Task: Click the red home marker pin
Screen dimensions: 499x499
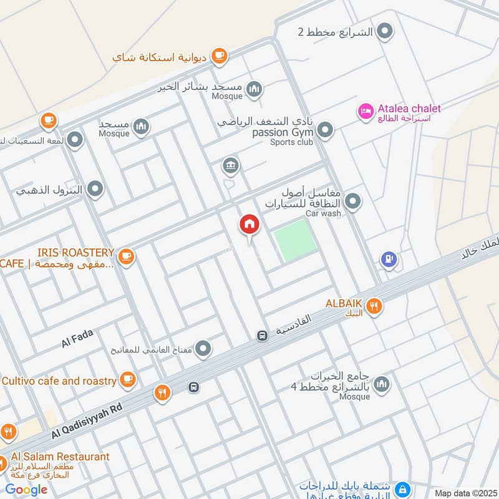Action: [249, 225]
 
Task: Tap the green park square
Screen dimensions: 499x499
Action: [296, 240]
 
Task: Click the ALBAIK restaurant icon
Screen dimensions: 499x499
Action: [374, 306]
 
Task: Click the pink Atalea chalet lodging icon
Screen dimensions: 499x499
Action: [365, 112]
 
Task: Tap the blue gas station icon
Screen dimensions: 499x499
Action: [389, 259]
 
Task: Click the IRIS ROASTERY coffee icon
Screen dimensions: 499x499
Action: [126, 256]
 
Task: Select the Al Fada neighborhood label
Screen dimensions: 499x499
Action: [77, 339]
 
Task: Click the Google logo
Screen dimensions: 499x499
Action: [26, 490]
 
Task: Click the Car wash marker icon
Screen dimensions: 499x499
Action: [353, 201]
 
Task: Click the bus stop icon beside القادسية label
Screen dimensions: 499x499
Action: [263, 336]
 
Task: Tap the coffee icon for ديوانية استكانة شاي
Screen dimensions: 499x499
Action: [218, 57]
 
